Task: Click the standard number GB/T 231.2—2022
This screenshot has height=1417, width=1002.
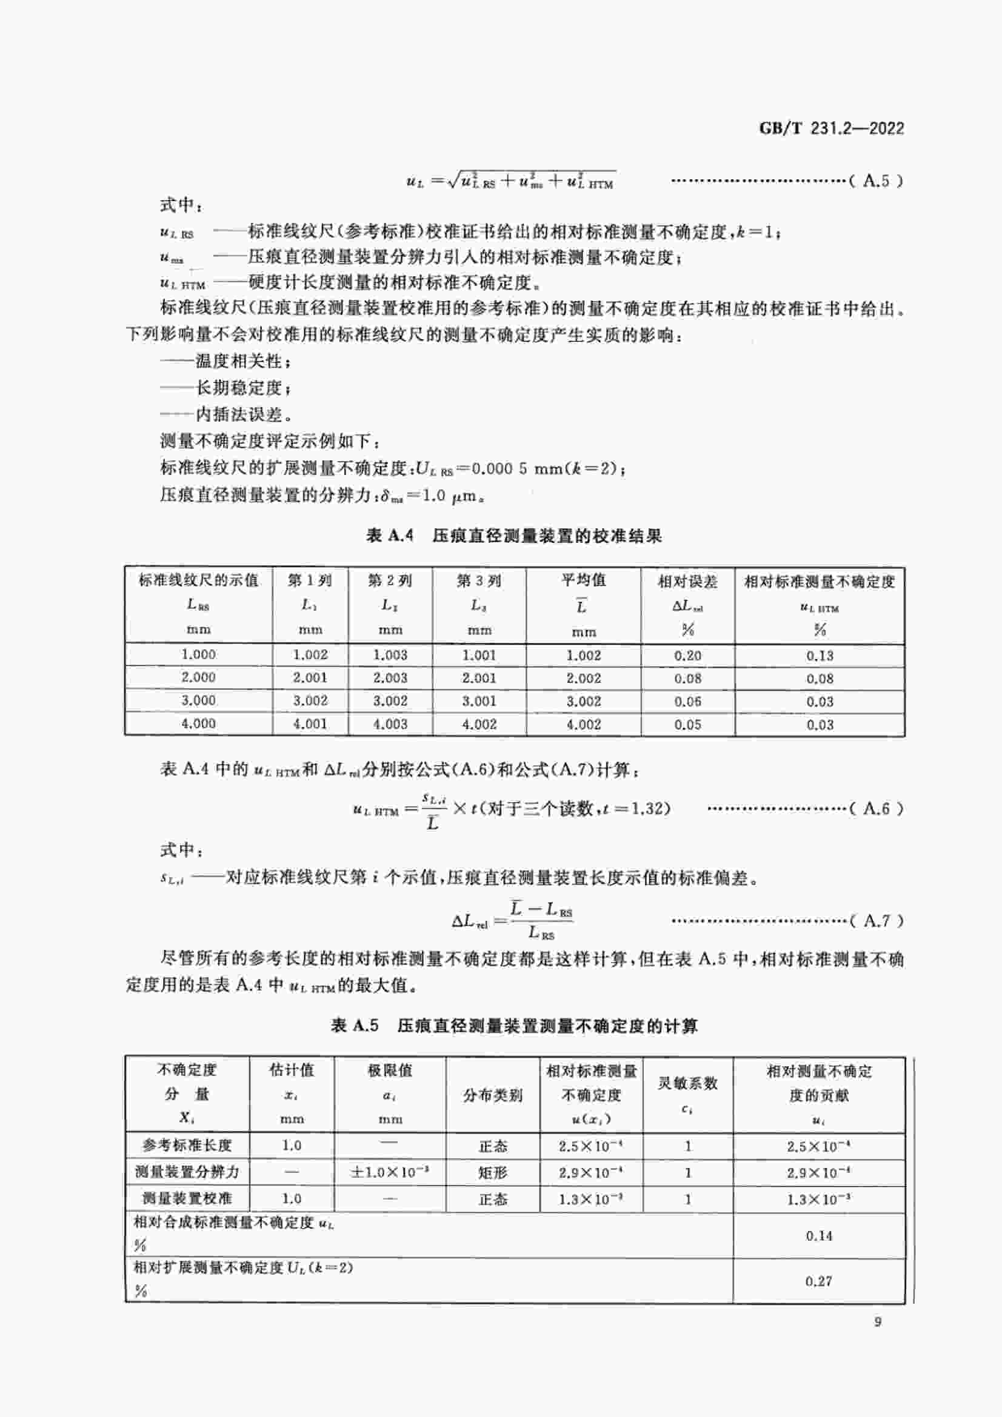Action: click(x=831, y=128)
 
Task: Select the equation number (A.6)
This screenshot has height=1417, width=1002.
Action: click(x=876, y=808)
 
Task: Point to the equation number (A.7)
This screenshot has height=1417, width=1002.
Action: click(x=876, y=920)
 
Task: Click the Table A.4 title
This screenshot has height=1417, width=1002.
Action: click(x=513, y=535)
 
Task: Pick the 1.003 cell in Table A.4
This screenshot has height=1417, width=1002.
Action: click(x=390, y=655)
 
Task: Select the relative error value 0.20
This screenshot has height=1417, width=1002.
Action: click(x=687, y=655)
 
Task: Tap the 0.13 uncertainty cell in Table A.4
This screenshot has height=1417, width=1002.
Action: click(x=820, y=655)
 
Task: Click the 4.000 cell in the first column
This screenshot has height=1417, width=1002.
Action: click(x=198, y=723)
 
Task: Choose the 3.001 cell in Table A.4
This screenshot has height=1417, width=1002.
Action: click(x=479, y=701)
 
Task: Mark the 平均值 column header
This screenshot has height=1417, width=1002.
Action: click(x=583, y=580)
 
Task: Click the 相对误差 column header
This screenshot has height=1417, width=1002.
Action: click(x=687, y=581)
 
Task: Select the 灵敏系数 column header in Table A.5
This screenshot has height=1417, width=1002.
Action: click(x=687, y=1083)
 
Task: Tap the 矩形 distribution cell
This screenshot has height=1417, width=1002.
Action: click(x=492, y=1172)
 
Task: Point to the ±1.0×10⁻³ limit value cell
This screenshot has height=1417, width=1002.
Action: click(x=390, y=1172)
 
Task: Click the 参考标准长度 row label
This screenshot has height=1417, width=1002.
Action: click(x=187, y=1146)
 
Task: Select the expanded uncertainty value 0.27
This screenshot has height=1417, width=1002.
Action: click(x=819, y=1281)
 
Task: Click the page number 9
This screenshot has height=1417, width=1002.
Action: click(x=877, y=1322)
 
